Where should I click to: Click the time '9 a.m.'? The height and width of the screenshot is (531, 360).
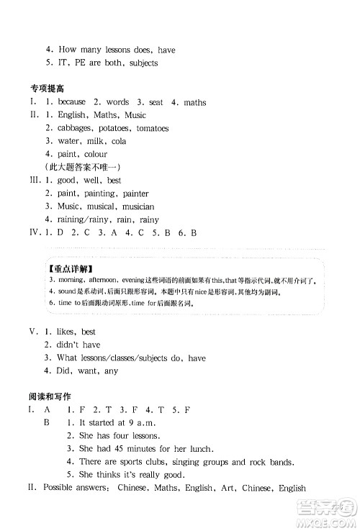coord(140,423)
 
